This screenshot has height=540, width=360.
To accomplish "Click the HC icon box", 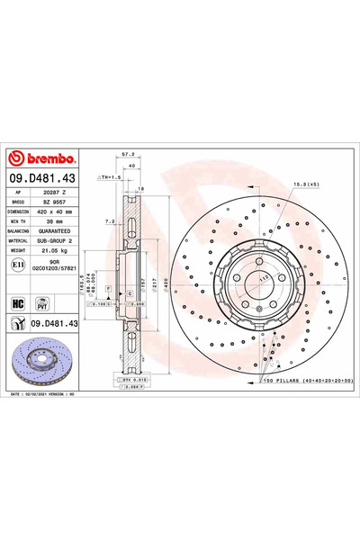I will tap(17, 305).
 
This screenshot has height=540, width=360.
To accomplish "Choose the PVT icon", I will tap(40, 305).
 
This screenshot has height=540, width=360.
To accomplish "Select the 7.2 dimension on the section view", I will tap(108, 220).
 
